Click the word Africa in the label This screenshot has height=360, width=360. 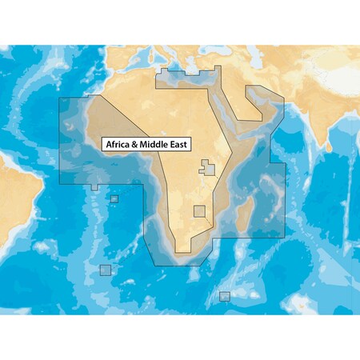coord(118,145)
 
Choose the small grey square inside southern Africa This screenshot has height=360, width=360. coord(199,211)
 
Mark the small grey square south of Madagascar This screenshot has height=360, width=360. coord(225,296)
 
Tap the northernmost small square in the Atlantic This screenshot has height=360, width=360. coord(114,198)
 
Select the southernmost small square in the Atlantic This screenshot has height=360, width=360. coord(105,269)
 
